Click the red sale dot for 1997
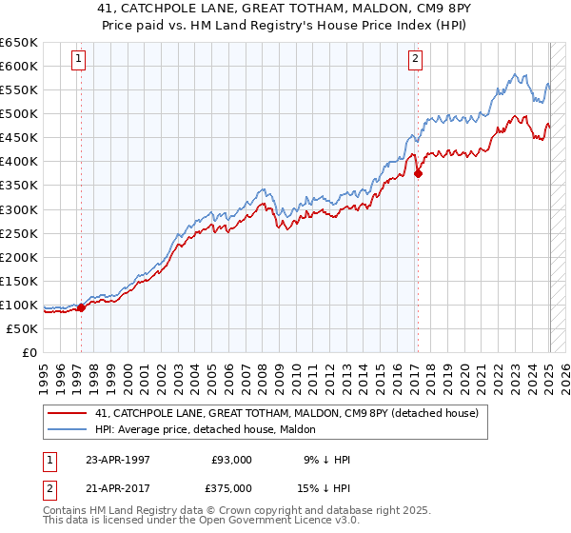click(81, 307)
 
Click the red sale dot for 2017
click(418, 173)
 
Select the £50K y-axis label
click(22, 328)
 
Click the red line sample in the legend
click(68, 412)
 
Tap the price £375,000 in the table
click(231, 486)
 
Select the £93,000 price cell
click(231, 460)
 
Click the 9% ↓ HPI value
click(325, 460)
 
